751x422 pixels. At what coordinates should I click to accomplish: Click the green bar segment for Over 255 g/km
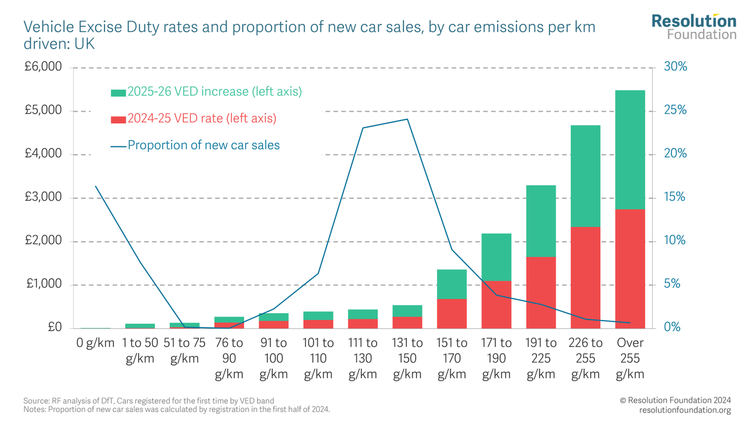(630, 150)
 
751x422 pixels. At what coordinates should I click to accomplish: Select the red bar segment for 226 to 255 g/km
(585, 278)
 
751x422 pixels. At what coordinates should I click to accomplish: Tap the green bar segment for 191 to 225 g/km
(541, 221)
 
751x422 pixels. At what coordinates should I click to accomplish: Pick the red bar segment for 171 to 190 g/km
(496, 304)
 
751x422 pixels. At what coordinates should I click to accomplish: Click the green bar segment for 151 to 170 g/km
(452, 284)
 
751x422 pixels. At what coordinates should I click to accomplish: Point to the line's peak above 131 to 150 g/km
(407, 119)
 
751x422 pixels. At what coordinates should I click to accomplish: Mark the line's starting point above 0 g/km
(96, 186)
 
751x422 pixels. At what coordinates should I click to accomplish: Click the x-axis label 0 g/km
(96, 343)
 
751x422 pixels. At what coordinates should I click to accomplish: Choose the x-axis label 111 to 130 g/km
(363, 358)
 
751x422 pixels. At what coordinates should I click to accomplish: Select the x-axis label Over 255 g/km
(630, 358)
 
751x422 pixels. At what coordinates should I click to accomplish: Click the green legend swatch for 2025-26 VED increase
(118, 93)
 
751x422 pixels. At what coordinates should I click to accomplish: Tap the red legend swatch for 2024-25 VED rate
(118, 119)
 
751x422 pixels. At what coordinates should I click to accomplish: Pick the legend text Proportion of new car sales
(203, 145)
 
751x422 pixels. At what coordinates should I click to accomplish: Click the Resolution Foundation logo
(693, 27)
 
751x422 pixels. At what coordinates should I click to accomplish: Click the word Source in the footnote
(35, 400)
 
